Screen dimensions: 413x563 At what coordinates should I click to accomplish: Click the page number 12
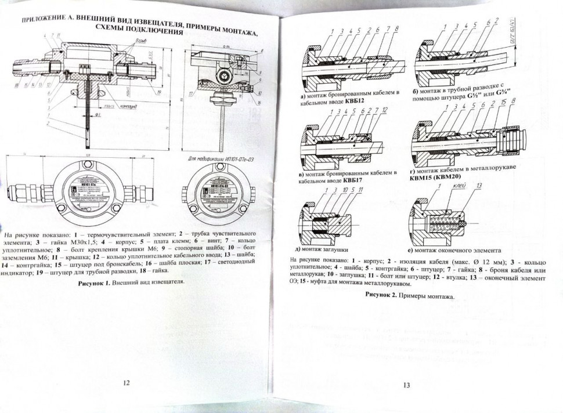pyautogui.click(x=127, y=382)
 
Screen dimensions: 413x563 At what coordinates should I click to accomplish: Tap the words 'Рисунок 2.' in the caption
pyautogui.click(x=384, y=295)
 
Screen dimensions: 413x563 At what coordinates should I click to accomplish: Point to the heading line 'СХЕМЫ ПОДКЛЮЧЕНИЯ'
pyautogui.click(x=139, y=30)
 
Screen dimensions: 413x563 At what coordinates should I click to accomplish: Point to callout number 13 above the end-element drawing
pyautogui.click(x=479, y=187)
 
